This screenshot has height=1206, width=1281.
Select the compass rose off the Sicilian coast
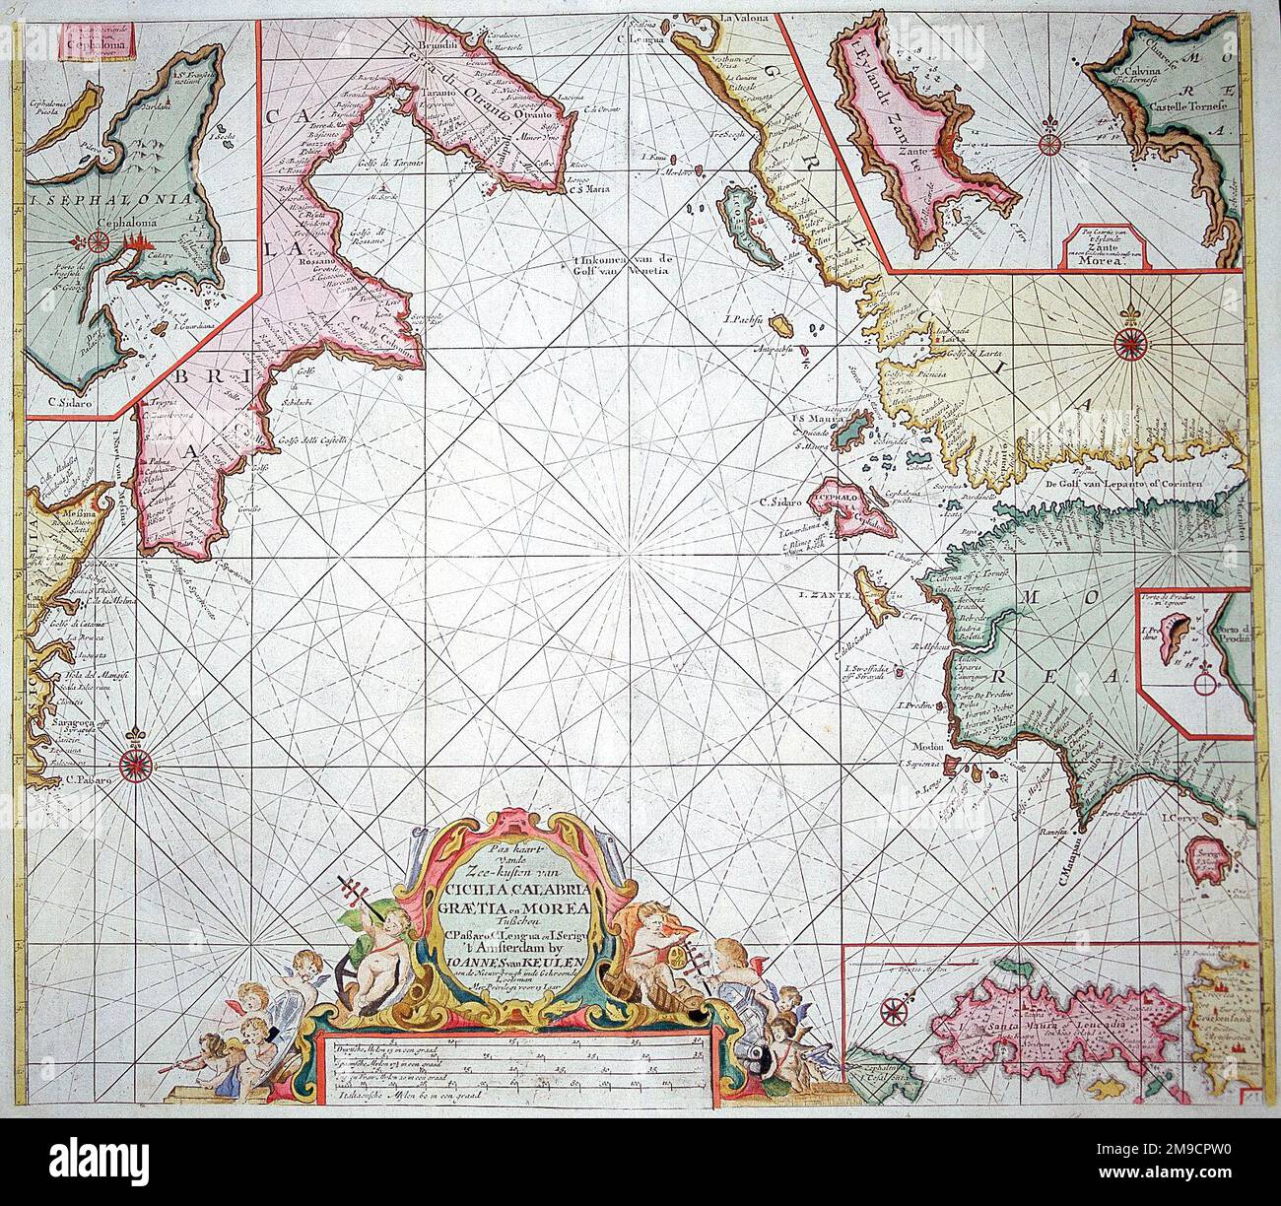point(135,762)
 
